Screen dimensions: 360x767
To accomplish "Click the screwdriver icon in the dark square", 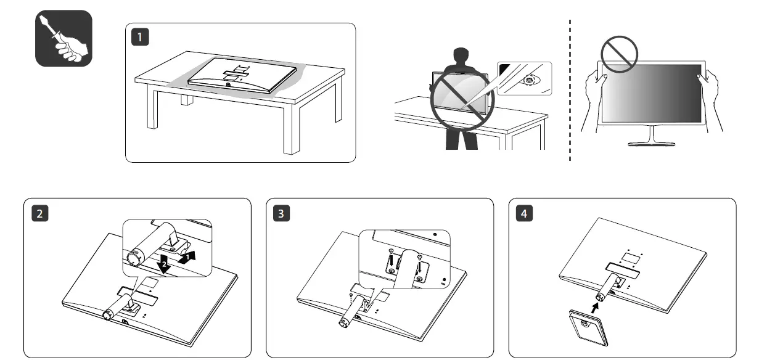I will (x=64, y=38).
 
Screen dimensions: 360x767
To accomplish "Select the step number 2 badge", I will (x=39, y=213).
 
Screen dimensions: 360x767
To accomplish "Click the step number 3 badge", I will (x=282, y=213).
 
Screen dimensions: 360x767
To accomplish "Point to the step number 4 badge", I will (x=524, y=213).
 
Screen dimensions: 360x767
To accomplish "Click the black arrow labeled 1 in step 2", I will (x=191, y=256).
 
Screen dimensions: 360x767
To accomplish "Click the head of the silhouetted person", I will (x=462, y=57).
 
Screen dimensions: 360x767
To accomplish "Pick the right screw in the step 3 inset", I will (x=419, y=259).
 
